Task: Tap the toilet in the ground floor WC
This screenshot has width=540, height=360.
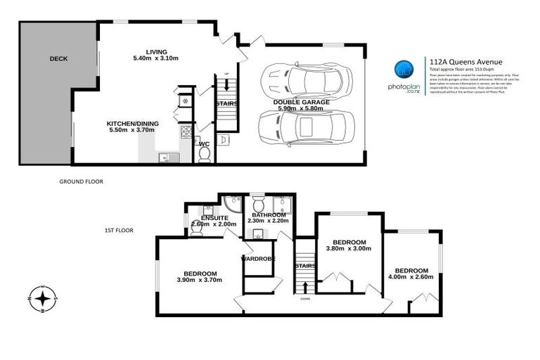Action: click(x=205, y=153)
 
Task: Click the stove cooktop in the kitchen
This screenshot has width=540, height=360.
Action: click(x=186, y=131)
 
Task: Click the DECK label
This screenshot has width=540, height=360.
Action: click(x=58, y=59)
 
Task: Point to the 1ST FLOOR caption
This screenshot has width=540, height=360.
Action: click(x=118, y=230)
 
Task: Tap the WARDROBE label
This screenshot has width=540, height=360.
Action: click(x=258, y=259)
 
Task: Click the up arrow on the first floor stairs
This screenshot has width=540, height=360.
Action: click(x=305, y=285)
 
